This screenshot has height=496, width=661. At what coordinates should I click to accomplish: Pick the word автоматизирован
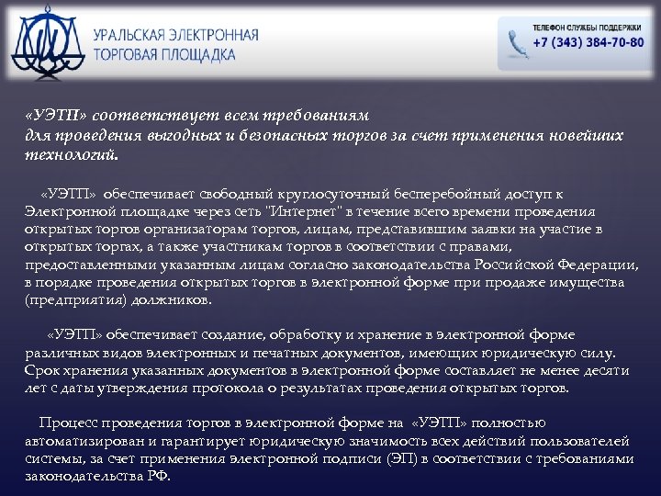tap(77, 441)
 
